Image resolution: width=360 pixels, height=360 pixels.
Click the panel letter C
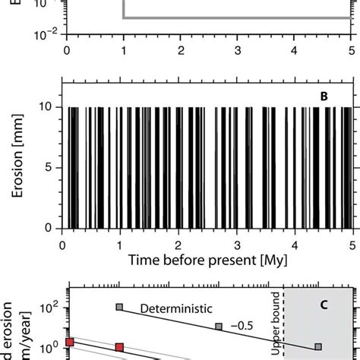(x=323, y=305)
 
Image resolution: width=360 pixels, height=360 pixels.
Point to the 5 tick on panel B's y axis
(x=55, y=167)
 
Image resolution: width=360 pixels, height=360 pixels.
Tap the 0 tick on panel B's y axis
(x=55, y=228)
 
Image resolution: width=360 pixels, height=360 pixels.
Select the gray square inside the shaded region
(x=318, y=346)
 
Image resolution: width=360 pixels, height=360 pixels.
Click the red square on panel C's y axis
(x=69, y=343)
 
